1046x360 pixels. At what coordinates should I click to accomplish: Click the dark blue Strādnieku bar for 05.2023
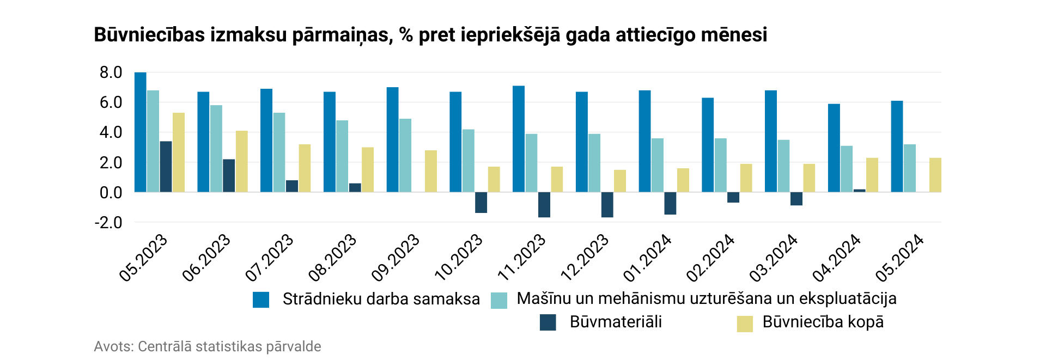point(140,132)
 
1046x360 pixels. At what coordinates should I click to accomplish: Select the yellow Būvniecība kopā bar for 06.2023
point(241,162)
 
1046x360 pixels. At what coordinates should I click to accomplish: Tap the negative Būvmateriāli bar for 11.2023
point(544,205)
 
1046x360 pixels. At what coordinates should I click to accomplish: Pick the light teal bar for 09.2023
point(405,155)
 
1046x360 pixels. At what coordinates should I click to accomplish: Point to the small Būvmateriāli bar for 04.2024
point(859,190)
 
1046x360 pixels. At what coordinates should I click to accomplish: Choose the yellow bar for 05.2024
point(935,175)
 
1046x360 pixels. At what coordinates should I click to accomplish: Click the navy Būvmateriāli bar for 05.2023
point(166,167)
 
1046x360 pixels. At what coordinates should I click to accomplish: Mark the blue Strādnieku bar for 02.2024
point(708,145)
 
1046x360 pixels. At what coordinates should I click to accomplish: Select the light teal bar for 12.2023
point(594,163)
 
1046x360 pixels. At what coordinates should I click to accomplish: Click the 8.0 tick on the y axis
point(111,72)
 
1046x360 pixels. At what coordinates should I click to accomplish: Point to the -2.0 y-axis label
point(108,222)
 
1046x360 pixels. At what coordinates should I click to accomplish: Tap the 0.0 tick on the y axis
point(111,192)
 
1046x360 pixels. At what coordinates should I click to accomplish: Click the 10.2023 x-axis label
point(459,257)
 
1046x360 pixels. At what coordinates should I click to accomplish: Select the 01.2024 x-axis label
point(648,257)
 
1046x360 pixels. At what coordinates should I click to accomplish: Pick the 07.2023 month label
point(270,257)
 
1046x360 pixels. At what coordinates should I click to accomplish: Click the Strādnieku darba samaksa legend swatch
point(261,300)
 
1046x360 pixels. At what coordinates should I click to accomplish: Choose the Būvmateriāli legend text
point(616,322)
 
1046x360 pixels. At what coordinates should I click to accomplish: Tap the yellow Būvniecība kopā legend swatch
point(744,324)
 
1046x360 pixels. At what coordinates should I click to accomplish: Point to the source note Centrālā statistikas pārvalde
point(229,346)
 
